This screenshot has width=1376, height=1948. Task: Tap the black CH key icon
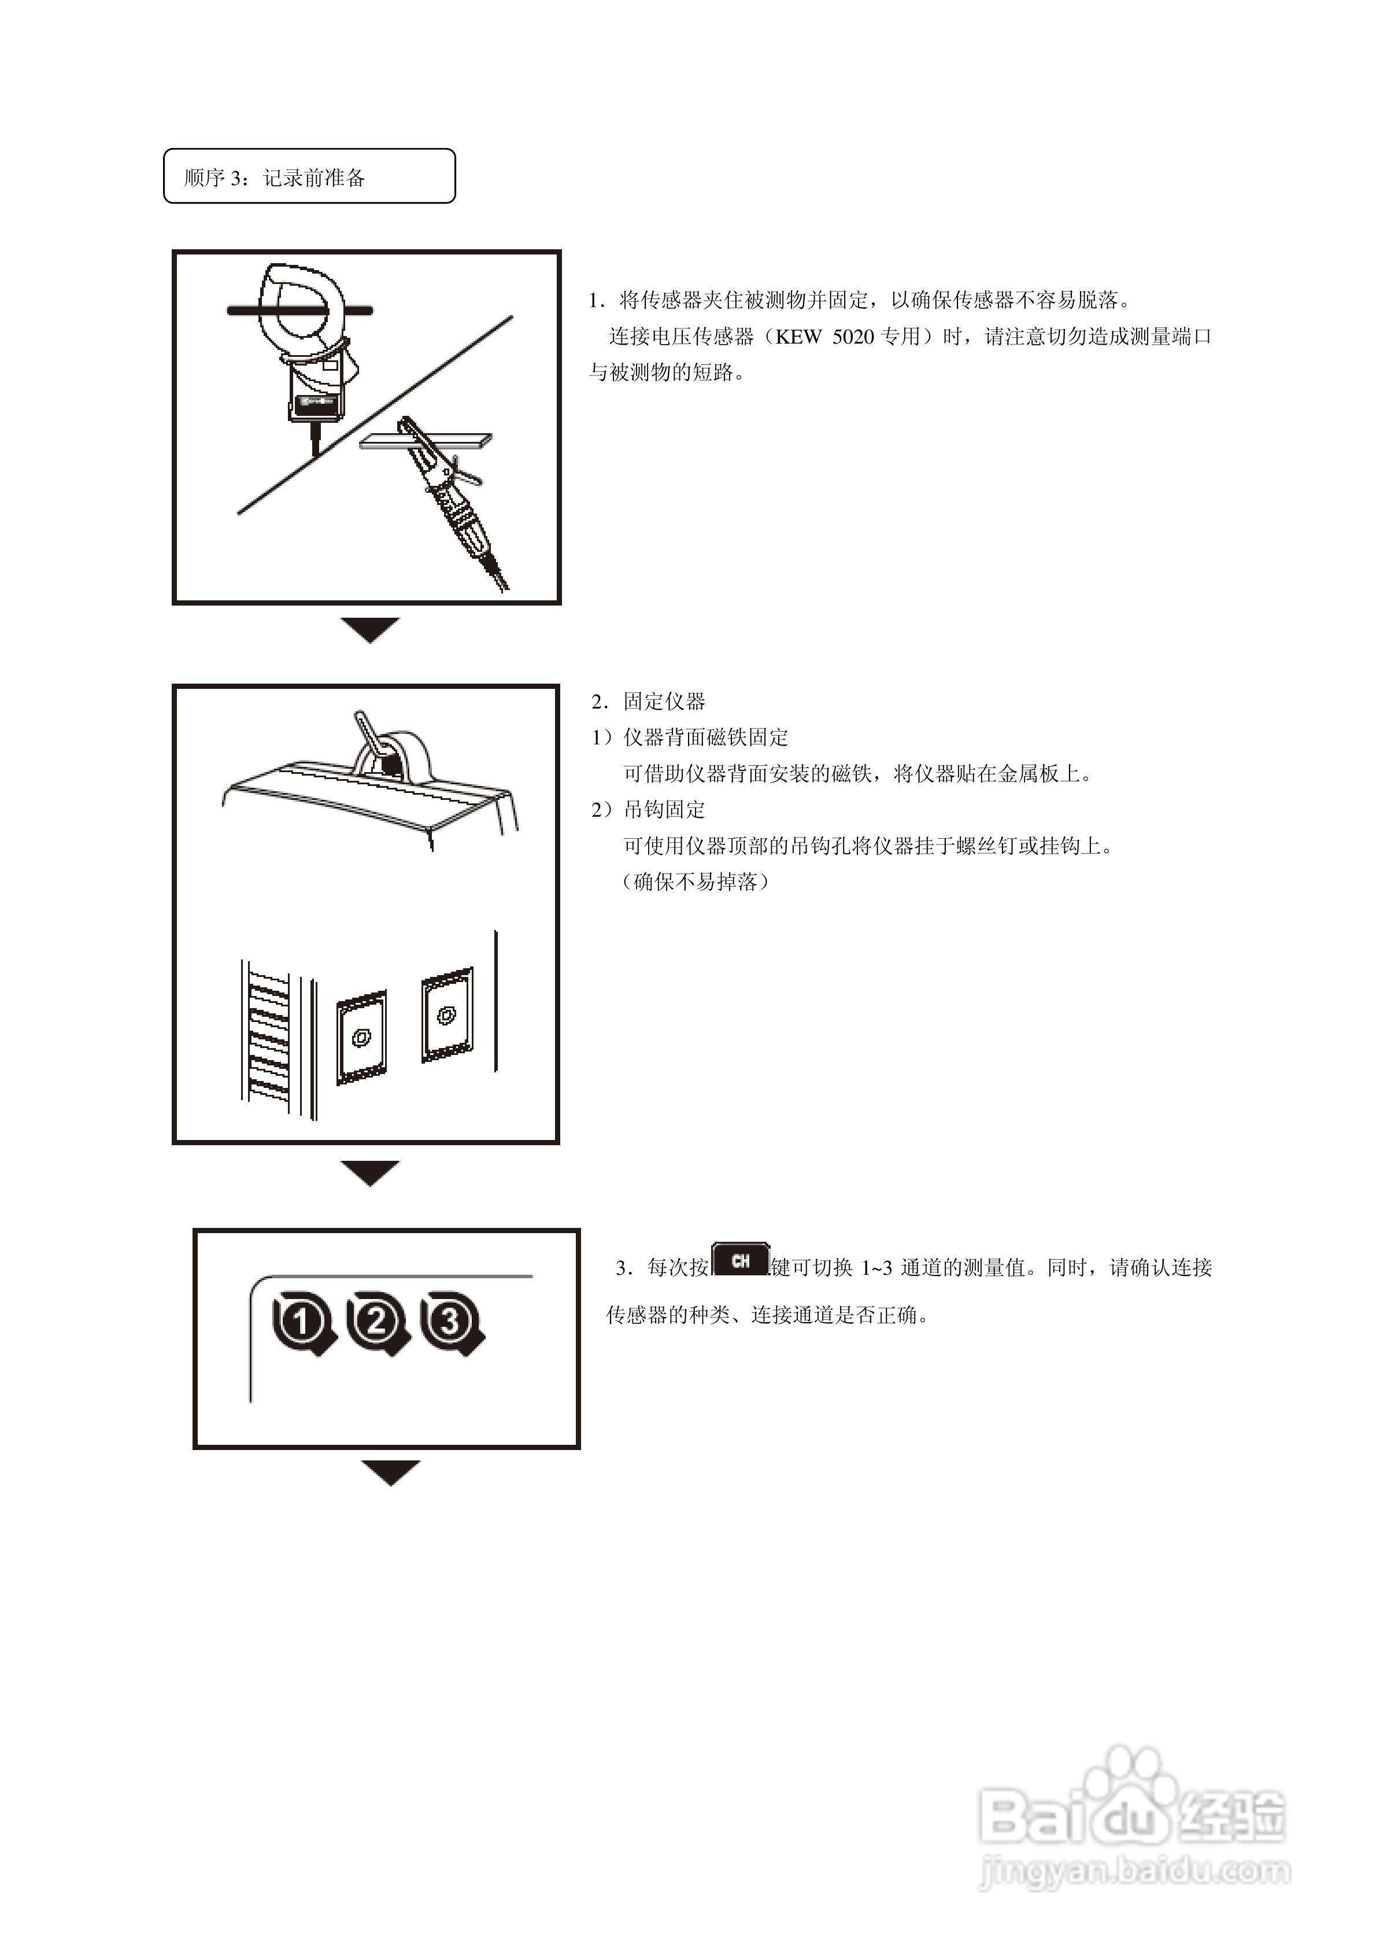[x=740, y=1261]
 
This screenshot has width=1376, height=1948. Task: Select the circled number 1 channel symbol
[x=302, y=1322]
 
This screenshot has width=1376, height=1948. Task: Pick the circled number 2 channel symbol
[x=376, y=1322]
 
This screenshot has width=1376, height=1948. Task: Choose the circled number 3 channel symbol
[x=450, y=1322]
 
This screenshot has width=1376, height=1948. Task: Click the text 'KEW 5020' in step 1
[x=824, y=337]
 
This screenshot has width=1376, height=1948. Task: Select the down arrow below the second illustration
[x=370, y=1172]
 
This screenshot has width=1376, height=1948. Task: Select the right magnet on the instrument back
[x=446, y=1014]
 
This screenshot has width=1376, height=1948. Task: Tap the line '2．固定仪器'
[x=649, y=702]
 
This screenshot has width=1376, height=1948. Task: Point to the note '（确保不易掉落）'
[x=696, y=881]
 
